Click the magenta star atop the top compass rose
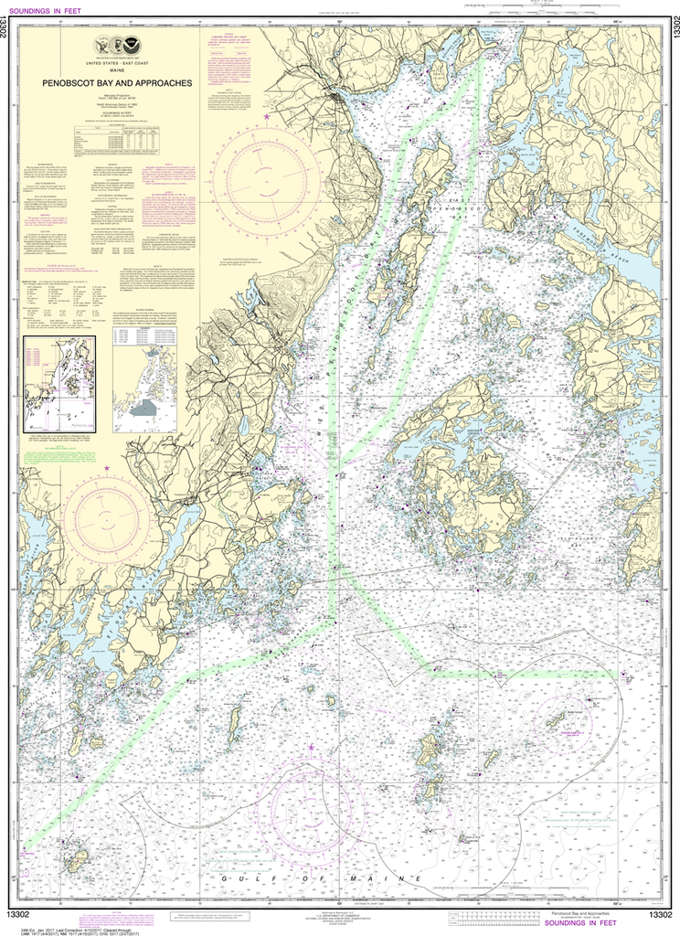coord(267,117)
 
